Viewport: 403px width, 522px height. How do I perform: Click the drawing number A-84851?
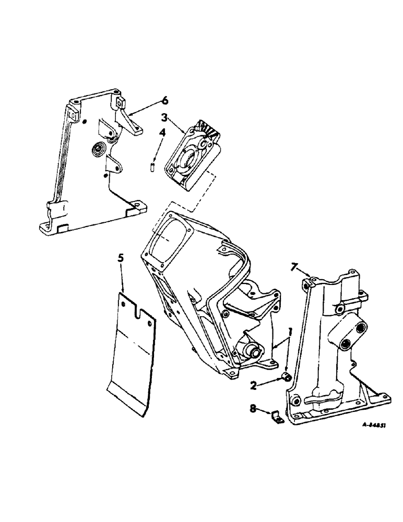pos(373,425)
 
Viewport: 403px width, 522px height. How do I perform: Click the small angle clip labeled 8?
pos(275,417)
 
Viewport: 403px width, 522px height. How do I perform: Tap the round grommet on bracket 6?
pos(97,150)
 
